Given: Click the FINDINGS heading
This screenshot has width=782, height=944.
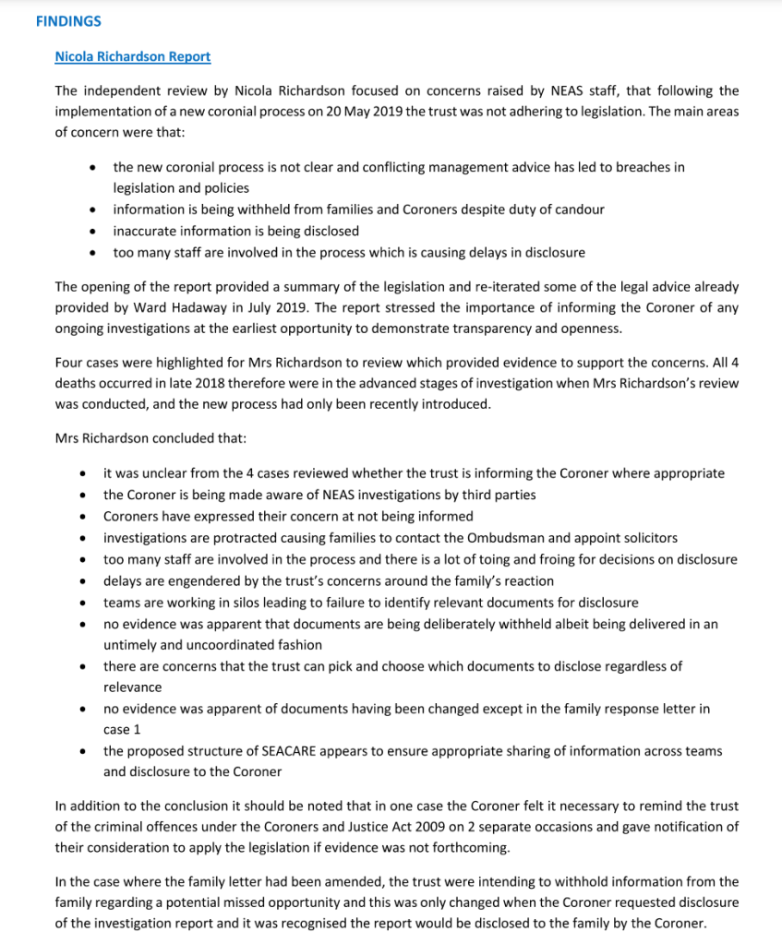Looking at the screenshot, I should [68, 20].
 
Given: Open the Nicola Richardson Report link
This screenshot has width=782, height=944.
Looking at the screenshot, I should [132, 56].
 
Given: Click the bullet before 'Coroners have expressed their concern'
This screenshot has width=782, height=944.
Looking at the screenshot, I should [83, 516].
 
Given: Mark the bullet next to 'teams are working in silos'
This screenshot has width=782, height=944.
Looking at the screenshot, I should [83, 602].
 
